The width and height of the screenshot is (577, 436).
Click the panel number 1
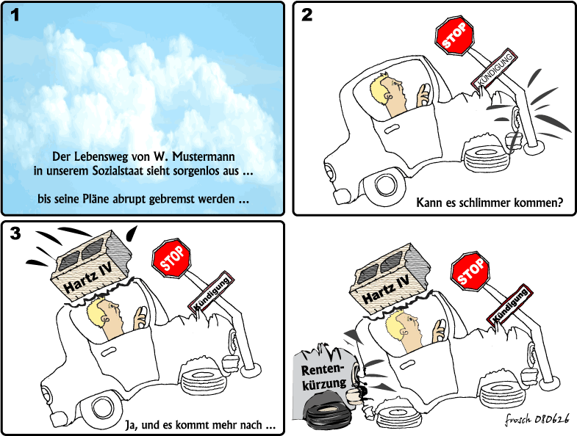coord(15,15)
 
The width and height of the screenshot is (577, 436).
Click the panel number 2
coord(307,15)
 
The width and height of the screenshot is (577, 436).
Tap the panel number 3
coord(15,233)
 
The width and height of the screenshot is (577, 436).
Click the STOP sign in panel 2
coord(454,36)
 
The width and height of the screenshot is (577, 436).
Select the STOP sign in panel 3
coord(171,258)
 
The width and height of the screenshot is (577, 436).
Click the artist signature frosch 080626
coord(537,418)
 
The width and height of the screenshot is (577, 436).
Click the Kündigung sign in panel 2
coord(494,69)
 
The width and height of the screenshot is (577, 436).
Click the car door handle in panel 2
coord(392,129)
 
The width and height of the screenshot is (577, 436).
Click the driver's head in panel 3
coord(104,318)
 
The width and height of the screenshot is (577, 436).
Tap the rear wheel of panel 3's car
coord(101,407)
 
